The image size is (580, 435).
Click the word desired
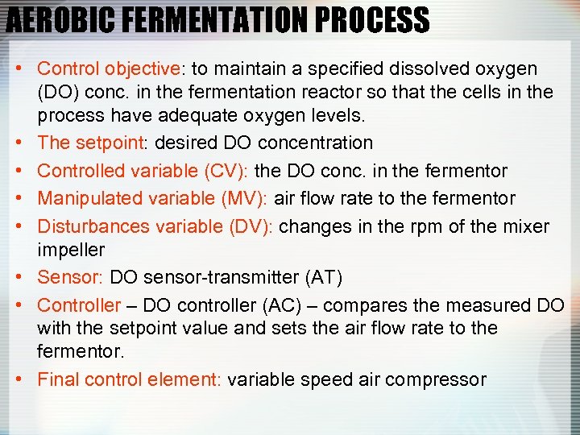click(184, 143)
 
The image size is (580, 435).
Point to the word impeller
click(71, 250)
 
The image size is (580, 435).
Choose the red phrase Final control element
click(129, 379)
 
